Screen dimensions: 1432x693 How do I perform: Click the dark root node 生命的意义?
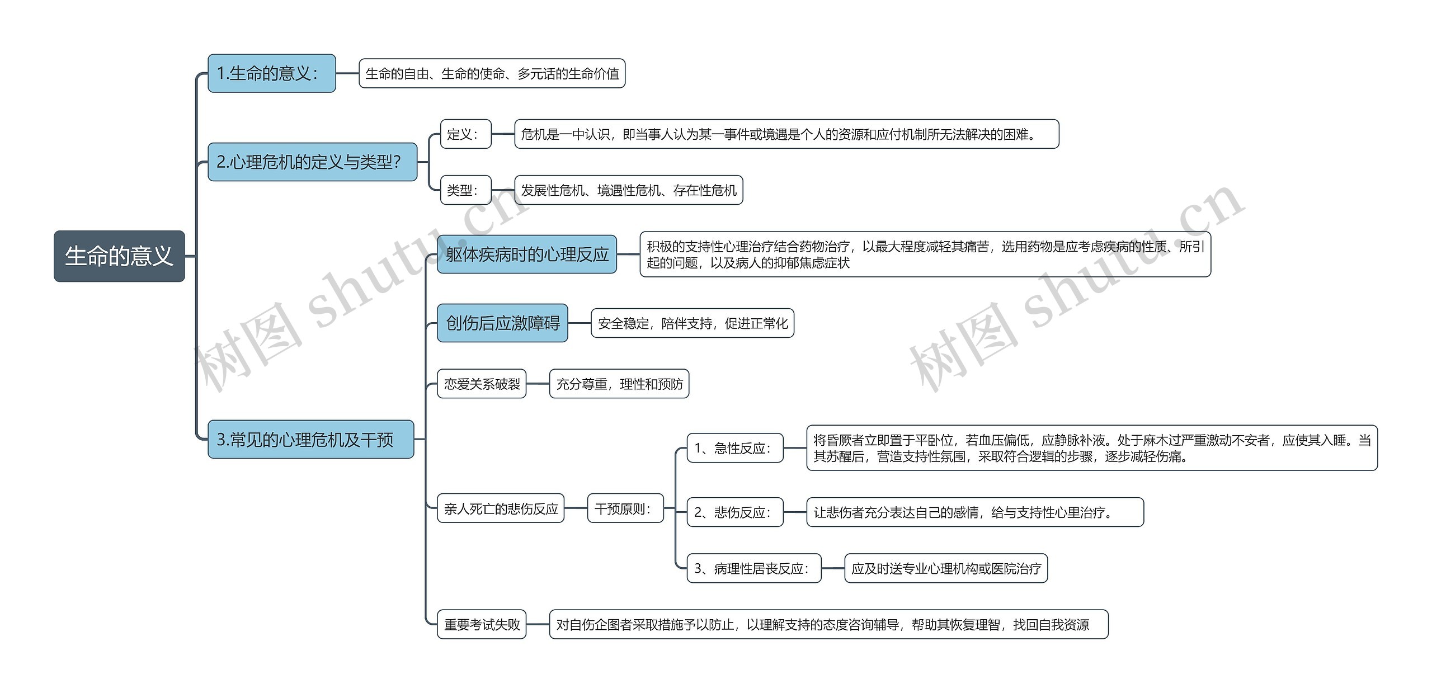(119, 256)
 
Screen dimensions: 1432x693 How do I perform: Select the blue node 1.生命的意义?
(271, 73)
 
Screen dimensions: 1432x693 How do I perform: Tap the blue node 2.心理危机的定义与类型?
(312, 162)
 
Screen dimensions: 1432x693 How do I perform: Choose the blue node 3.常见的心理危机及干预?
(310, 439)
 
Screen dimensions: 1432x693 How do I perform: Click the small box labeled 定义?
(465, 134)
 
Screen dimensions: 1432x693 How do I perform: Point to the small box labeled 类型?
(465, 190)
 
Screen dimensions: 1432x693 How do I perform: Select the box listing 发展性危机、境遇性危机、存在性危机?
(628, 190)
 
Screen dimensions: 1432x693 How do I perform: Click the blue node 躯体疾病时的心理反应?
(526, 254)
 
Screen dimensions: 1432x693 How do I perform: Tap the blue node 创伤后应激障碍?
(502, 323)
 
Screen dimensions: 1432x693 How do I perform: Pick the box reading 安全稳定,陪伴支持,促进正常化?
(693, 323)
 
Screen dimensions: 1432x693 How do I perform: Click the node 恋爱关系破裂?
(482, 384)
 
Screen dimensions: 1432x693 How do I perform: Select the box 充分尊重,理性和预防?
(619, 384)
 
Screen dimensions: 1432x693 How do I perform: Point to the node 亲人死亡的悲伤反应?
(501, 508)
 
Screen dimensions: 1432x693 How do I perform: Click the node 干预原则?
(625, 508)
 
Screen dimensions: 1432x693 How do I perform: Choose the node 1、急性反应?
(734, 448)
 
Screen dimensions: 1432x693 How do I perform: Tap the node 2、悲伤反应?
(734, 512)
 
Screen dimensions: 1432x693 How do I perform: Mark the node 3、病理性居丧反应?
(753, 568)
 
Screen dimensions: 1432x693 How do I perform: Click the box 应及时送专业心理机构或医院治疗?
(946, 568)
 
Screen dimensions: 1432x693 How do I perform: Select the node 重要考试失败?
(482, 624)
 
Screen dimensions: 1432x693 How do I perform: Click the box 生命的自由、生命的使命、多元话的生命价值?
(492, 73)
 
